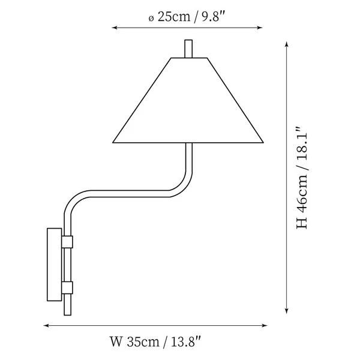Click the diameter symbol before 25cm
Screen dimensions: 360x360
pos(151,19)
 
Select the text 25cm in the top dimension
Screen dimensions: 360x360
pos(174,17)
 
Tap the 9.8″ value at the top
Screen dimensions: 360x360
pos(213,17)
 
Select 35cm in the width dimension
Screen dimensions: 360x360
pos(143,341)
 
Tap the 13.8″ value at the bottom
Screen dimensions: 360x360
pos(186,341)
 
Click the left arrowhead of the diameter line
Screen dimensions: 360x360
pos(115,28)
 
